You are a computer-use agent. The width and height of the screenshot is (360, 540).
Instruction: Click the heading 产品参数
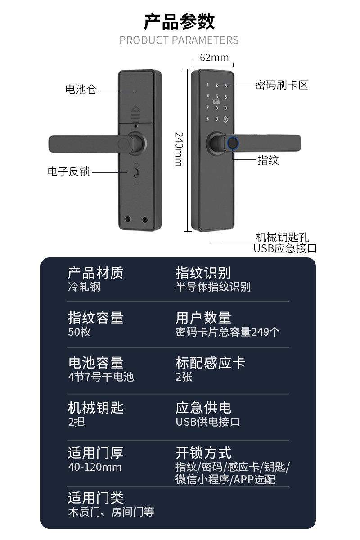tap(179, 21)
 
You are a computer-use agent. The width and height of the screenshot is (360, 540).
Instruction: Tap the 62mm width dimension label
tap(214, 58)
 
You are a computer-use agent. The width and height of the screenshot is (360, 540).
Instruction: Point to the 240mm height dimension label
tap(179, 149)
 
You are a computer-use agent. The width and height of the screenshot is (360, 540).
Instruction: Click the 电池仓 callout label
tap(81, 90)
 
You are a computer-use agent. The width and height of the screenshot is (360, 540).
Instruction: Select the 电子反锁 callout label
tap(69, 171)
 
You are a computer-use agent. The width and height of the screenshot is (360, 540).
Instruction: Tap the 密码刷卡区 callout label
tap(282, 85)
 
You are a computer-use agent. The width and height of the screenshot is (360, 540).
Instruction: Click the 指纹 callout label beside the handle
tap(268, 160)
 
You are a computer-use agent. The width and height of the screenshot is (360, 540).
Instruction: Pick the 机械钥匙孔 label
tap(282, 238)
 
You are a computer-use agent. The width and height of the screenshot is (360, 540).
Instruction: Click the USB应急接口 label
tap(285, 248)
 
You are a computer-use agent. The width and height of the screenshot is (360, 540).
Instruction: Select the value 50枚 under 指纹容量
tap(79, 332)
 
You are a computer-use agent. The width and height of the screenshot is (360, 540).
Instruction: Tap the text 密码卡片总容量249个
tap(228, 332)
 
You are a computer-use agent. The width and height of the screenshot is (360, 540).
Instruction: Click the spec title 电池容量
tap(95, 363)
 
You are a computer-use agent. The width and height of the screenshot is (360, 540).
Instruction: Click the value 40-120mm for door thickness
tap(94, 467)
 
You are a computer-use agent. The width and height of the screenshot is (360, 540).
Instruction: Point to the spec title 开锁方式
tap(203, 453)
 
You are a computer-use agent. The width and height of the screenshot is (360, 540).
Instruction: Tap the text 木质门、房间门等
tap(111, 512)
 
